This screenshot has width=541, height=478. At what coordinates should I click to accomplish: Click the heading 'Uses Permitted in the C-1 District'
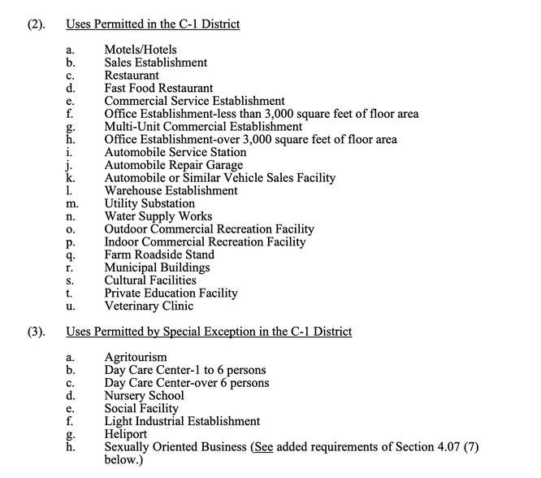153,24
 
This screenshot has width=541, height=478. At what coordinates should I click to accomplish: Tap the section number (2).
35,24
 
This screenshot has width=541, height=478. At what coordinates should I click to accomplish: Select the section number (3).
35,332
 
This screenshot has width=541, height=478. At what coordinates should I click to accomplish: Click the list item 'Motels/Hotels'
140,50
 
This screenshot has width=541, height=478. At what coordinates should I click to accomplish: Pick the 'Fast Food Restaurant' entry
158,88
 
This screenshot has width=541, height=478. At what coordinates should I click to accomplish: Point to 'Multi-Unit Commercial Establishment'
203,126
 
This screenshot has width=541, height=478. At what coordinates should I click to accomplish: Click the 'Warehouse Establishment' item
171,190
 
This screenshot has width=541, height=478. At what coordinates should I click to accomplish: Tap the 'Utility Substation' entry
149,203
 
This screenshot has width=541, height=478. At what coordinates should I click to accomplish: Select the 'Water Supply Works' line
158,216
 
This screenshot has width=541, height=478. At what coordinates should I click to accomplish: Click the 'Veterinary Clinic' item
149,306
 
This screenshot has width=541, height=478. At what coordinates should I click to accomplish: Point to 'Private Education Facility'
171,293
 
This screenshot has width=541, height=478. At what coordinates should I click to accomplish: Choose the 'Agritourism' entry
136,357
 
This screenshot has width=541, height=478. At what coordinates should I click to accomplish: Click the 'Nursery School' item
144,396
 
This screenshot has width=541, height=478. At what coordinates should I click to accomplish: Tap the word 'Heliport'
128,434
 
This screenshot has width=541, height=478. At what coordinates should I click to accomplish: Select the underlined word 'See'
263,447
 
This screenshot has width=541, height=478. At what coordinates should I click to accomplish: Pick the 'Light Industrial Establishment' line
182,421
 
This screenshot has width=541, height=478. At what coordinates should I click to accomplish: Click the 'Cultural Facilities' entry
150,280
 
